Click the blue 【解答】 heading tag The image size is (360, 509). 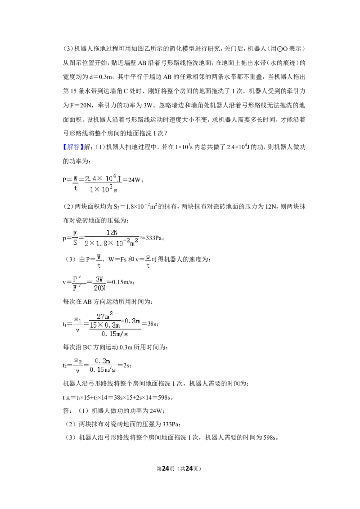(x=73, y=147)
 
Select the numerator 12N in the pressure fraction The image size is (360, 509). (x=112, y=232)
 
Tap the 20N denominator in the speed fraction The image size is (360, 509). (x=99, y=288)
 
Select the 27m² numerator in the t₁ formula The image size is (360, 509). (x=105, y=315)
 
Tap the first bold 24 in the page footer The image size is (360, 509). (x=166, y=469)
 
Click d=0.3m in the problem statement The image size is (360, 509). (x=101, y=77)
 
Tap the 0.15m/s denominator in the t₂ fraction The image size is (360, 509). (x=103, y=370)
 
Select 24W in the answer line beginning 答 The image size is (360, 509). (x=155, y=411)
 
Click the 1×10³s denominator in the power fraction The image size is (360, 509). (x=103, y=189)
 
